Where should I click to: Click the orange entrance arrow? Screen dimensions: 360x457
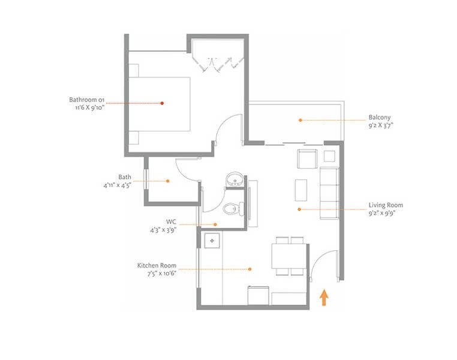point(324,298)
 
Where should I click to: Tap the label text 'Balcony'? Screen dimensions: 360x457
point(380,118)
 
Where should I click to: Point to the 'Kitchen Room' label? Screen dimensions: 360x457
point(155,265)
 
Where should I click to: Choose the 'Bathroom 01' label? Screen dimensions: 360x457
point(88,99)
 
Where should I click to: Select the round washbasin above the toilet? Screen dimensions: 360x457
point(233,180)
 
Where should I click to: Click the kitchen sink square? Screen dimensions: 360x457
point(212,241)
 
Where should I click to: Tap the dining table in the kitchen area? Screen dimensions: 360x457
point(289,257)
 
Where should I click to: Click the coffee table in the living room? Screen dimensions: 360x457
point(301,189)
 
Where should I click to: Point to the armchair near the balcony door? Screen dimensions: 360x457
point(307,160)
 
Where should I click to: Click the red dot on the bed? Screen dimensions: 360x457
point(162,103)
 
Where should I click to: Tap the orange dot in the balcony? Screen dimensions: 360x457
point(298,120)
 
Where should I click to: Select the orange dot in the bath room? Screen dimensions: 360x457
point(169,181)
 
